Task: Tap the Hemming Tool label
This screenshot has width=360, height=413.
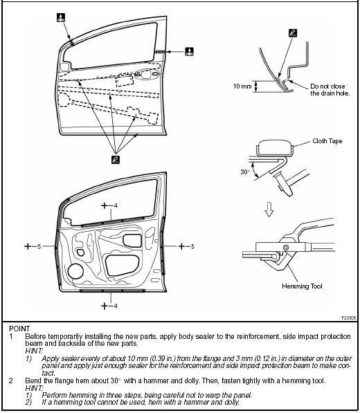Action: click(300, 286)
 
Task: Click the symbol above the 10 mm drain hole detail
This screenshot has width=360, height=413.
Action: click(292, 33)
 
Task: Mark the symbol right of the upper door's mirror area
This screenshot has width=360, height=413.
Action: click(190, 51)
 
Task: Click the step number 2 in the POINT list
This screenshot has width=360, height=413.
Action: click(11, 380)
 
